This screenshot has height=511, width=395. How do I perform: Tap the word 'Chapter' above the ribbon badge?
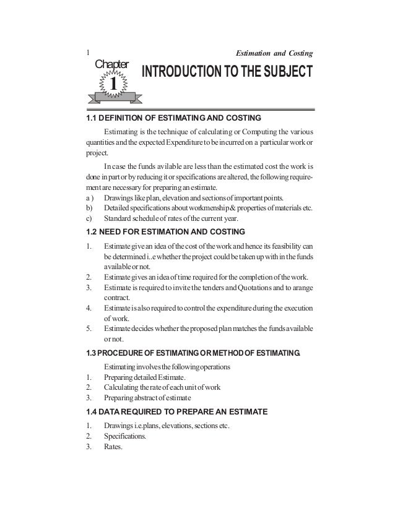(111, 64)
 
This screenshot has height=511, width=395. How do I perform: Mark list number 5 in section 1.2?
(88, 327)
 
